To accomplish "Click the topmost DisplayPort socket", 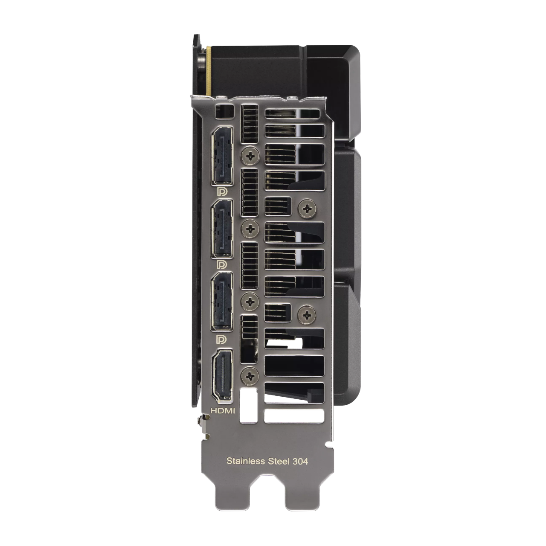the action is [222, 156].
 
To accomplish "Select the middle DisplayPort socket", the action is [222, 229].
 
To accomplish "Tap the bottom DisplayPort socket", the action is [222, 302].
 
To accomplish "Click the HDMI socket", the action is [222, 376].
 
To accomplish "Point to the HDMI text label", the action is [222, 410].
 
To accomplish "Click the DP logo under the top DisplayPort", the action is [222, 192].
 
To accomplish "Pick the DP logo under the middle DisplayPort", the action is [222, 264].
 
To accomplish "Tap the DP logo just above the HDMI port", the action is [222, 339].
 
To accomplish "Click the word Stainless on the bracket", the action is [246, 461].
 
